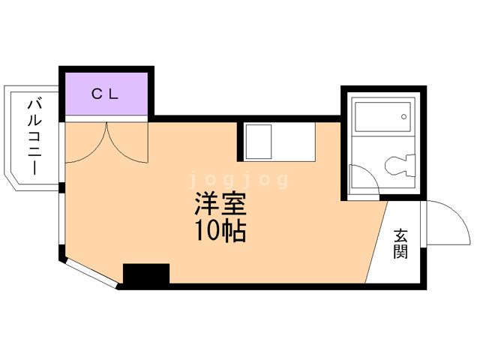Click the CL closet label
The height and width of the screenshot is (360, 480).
pos(105,94)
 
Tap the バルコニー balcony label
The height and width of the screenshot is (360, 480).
pos(34,136)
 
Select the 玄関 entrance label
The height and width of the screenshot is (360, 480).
pos(400,244)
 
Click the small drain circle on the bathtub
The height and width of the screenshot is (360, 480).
pos(403,117)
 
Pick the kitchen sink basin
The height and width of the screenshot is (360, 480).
pos(258,141)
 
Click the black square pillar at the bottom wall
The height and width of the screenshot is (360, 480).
pos(146,274)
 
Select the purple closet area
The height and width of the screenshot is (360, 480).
pos(105,94)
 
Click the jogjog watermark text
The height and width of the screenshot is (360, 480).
pos(239,180)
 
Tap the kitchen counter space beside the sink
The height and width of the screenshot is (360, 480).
pos(296,141)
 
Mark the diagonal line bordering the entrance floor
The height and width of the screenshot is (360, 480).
pos(376,240)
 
